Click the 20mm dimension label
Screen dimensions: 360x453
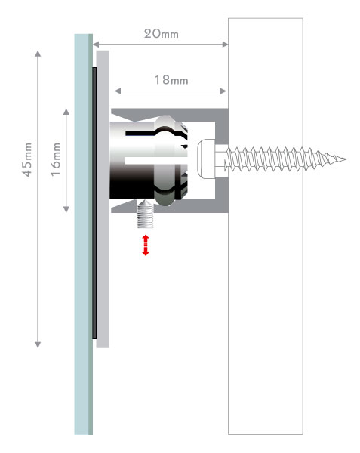pos(162,34)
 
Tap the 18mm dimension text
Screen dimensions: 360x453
pos(171,80)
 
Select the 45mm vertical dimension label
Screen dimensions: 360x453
pos(27,159)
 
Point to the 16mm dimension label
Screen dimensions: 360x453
pos(56,159)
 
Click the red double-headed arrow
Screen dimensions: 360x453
pos(146,245)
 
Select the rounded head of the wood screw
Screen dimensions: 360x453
pos(206,159)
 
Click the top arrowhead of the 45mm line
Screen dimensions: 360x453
pos(38,54)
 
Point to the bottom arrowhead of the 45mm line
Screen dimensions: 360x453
pos(38,344)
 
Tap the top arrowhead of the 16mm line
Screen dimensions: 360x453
pos(66,112)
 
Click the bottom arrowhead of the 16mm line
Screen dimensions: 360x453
pos(66,209)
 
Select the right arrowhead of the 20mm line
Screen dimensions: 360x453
pos(225,45)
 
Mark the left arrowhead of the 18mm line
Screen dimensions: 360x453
pos(118,91)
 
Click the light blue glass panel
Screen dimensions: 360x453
pos(82,234)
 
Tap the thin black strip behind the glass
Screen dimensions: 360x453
pos(94,203)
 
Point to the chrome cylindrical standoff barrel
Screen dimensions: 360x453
pos(132,160)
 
